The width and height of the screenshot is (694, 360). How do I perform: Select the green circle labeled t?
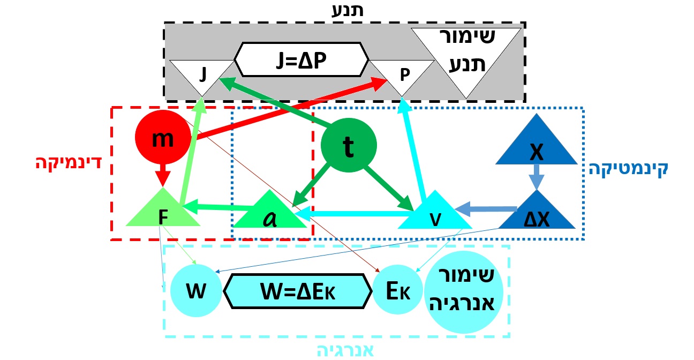(x=349, y=145)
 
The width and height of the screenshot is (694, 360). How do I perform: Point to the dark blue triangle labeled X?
(x=535, y=150)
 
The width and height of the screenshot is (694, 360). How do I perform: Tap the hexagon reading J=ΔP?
(x=302, y=59)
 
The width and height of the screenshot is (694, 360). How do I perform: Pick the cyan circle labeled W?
(x=195, y=292)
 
